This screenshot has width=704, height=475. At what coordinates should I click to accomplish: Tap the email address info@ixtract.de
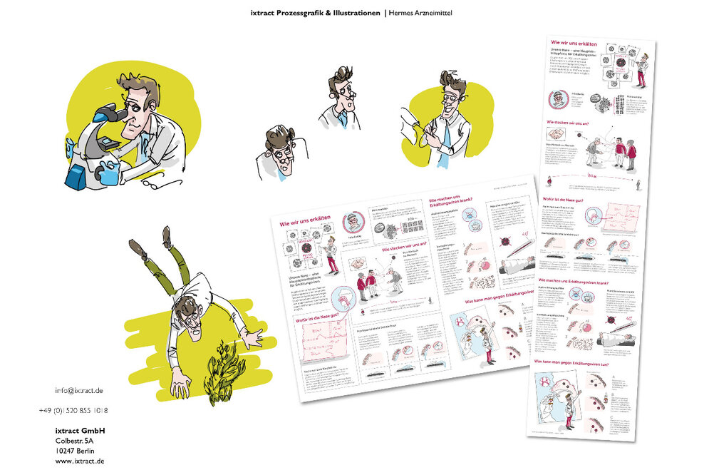click(x=79, y=391)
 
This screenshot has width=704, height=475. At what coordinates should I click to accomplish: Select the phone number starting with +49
click(x=73, y=411)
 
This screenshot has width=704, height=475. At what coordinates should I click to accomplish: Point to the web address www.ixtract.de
click(x=80, y=461)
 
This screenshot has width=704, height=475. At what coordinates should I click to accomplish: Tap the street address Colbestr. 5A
click(x=74, y=441)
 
